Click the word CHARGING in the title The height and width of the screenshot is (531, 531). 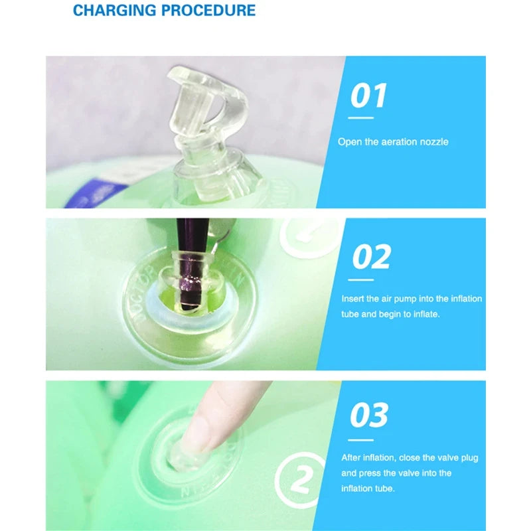(x=114, y=10)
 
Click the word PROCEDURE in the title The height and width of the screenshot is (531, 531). (x=208, y=10)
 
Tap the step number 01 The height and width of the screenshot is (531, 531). (x=368, y=96)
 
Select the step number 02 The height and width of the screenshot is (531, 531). (x=371, y=256)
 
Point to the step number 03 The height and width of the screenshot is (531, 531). (x=369, y=415)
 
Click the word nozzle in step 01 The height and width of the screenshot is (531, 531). (x=434, y=142)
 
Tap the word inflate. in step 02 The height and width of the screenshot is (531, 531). (x=426, y=314)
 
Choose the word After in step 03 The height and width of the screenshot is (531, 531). (x=351, y=458)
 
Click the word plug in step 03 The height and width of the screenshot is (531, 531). (x=469, y=458)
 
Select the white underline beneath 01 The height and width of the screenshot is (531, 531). (x=360, y=118)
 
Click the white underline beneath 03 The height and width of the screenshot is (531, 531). (x=360, y=440)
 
